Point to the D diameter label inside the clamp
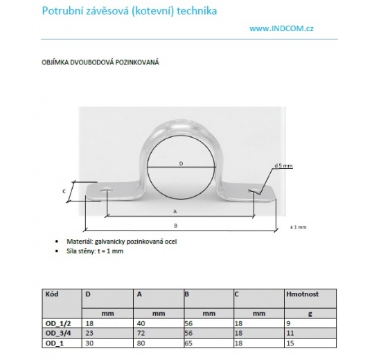click(180, 163)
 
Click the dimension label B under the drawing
click(177, 224)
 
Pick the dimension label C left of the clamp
click(64, 190)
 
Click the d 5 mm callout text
click(284, 166)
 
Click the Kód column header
click(51, 294)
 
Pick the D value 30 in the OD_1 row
click(89, 342)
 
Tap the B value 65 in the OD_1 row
click(188, 342)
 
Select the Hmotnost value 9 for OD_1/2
click(288, 323)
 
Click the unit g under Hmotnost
click(310, 313)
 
